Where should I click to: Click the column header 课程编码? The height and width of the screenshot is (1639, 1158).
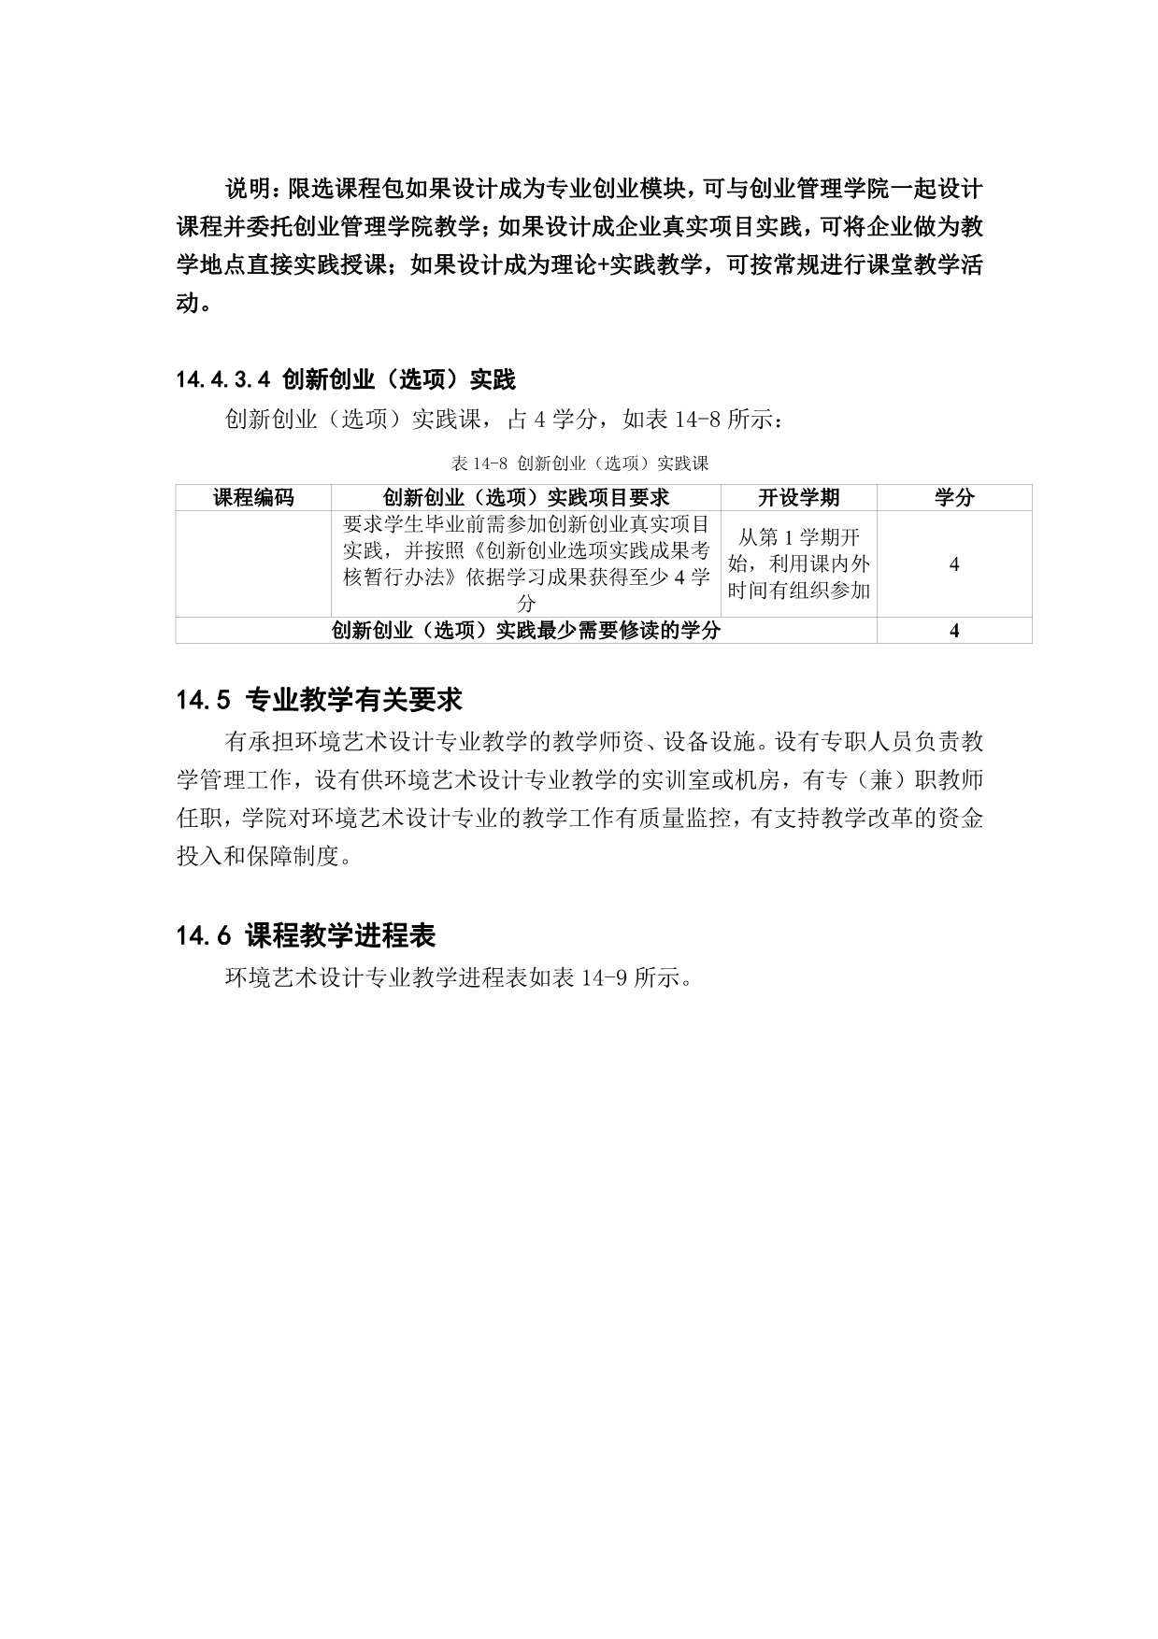(253, 498)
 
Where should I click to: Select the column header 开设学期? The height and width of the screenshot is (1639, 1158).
(798, 498)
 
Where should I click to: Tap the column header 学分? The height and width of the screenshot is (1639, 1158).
(953, 498)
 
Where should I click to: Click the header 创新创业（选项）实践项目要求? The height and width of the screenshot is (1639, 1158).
(526, 498)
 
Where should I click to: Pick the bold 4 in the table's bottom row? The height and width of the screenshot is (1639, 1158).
(953, 631)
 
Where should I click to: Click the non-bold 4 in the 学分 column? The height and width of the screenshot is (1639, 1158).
(953, 564)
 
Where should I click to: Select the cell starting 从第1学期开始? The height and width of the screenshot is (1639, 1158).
(798, 564)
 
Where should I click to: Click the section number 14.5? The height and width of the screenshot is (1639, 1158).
(202, 700)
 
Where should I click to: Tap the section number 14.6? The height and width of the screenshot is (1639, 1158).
(202, 935)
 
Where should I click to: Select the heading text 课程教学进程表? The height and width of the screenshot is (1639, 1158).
(341, 935)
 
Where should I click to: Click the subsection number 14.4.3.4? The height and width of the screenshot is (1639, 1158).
(222, 379)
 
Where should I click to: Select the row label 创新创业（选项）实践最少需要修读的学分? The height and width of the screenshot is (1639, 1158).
(526, 631)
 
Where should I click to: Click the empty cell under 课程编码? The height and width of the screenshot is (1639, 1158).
(253, 564)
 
